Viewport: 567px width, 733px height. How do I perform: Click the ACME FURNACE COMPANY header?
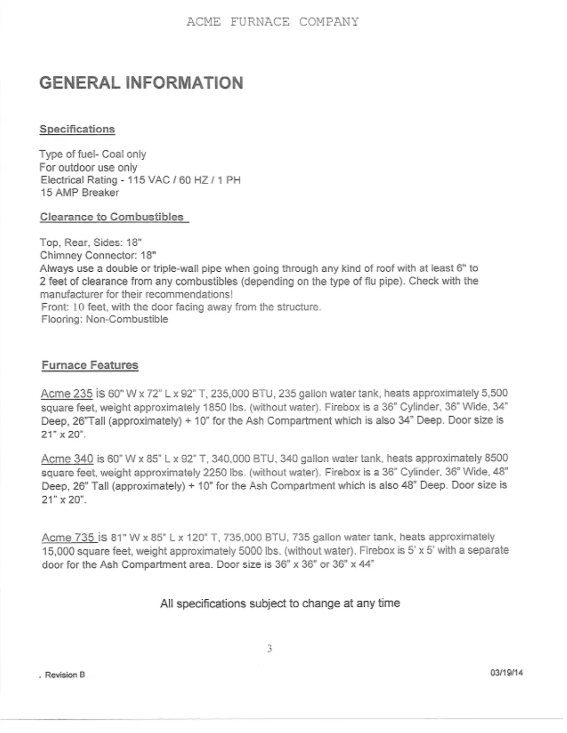click(x=272, y=22)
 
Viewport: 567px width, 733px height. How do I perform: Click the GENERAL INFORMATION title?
click(x=141, y=83)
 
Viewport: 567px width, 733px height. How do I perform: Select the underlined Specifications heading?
click(x=77, y=129)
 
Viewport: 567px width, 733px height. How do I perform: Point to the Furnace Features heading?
click(x=90, y=365)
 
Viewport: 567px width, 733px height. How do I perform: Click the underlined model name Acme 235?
click(x=67, y=394)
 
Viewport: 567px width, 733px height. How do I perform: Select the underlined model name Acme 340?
click(x=67, y=459)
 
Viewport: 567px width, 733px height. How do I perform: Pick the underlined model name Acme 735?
click(x=69, y=537)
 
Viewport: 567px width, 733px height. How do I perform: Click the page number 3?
click(x=270, y=649)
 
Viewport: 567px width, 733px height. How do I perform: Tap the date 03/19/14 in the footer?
click(x=506, y=673)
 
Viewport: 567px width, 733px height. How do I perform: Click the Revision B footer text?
click(x=65, y=675)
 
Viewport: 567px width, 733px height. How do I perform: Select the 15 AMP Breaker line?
click(x=80, y=193)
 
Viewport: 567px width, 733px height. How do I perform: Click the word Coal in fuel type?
click(x=113, y=154)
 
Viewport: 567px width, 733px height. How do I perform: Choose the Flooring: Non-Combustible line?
click(x=105, y=319)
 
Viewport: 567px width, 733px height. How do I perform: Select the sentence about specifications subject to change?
click(x=280, y=603)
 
